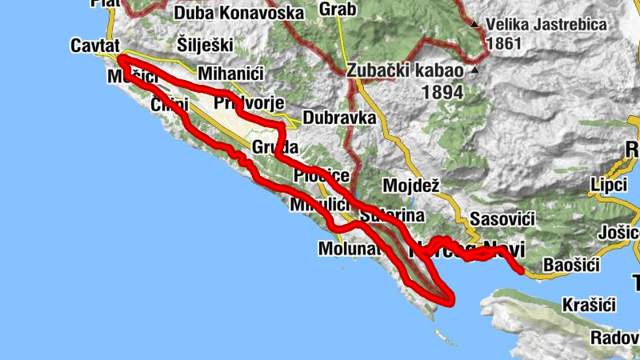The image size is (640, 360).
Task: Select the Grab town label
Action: click(337, 10)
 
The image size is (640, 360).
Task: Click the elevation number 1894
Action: click(442, 93)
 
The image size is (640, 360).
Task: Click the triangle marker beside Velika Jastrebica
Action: click(476, 25)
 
